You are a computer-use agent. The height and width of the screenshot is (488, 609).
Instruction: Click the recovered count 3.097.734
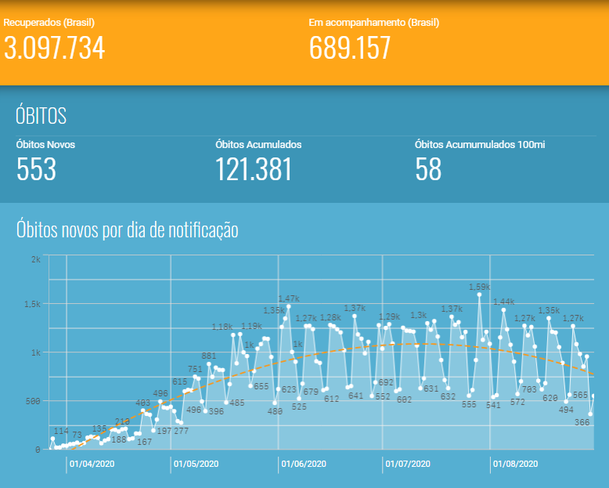click(x=54, y=49)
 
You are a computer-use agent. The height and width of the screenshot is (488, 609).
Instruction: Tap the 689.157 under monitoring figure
click(x=350, y=49)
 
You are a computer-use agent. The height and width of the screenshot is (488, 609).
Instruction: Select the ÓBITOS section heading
click(x=41, y=116)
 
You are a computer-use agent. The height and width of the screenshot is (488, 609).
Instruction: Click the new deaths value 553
click(x=36, y=169)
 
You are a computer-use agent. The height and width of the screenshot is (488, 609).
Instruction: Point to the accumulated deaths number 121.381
click(x=253, y=169)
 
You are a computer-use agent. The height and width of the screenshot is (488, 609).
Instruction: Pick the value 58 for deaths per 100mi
click(x=428, y=169)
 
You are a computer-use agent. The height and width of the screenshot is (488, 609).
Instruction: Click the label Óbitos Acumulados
click(x=258, y=144)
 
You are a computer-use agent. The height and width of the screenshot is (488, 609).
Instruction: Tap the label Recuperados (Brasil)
click(x=44, y=23)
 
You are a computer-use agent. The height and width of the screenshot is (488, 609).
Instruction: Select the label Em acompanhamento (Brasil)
click(x=366, y=23)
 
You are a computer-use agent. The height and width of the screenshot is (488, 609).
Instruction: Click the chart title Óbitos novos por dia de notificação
click(x=127, y=230)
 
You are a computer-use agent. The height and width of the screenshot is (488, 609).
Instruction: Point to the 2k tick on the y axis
click(x=35, y=259)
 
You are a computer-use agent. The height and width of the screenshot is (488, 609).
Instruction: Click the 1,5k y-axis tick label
click(x=32, y=304)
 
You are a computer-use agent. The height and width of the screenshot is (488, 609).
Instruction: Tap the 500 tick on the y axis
click(x=32, y=401)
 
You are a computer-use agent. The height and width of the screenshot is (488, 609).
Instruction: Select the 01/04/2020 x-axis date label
click(x=92, y=464)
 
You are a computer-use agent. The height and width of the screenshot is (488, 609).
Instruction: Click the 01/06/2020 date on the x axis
click(x=304, y=464)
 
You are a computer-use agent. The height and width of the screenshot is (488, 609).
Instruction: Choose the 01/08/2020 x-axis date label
click(x=514, y=464)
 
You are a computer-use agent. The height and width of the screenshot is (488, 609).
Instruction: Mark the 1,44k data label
click(x=503, y=302)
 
